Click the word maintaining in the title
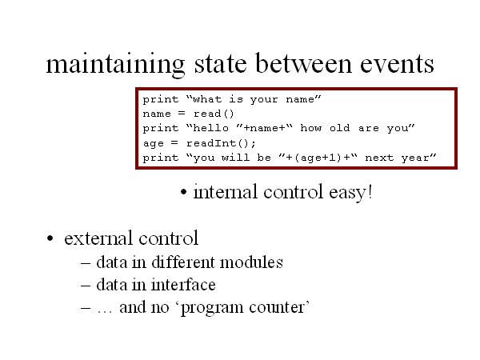click(x=115, y=65)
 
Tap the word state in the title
click(x=221, y=64)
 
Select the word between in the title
click(x=303, y=63)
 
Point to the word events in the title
click(x=397, y=65)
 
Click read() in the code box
click(x=214, y=114)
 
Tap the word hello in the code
click(x=211, y=128)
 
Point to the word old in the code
click(x=339, y=128)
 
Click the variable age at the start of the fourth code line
click(x=153, y=143)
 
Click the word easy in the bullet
click(x=347, y=193)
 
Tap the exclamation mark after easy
click(x=370, y=192)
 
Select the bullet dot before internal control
click(x=183, y=193)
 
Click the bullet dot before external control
click(x=50, y=238)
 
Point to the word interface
click(x=183, y=285)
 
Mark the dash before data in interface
click(x=86, y=286)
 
